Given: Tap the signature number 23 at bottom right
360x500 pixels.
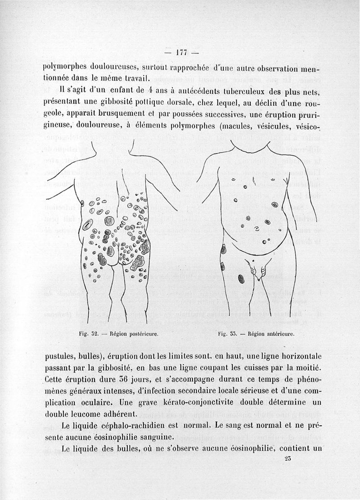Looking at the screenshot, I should pyautogui.click(x=288, y=459).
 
